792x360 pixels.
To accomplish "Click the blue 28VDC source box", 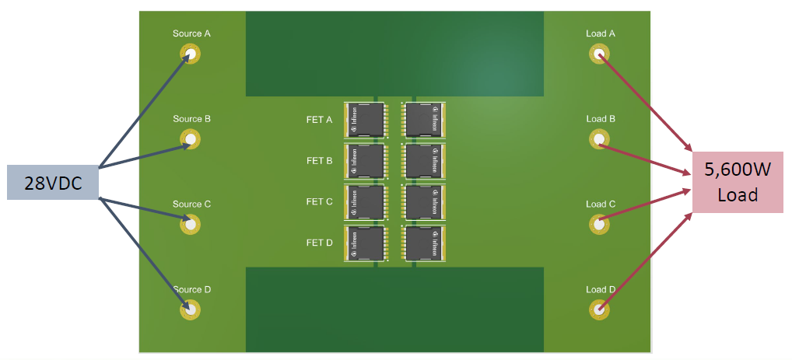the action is tap(53, 182).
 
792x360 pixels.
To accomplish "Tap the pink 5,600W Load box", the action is tap(738, 182).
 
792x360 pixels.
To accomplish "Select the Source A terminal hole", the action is tap(191, 54).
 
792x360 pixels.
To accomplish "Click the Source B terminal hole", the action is tap(191, 139).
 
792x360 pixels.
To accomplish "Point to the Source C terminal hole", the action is tap(191, 224).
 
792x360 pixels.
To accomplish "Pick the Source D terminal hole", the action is tap(191, 309).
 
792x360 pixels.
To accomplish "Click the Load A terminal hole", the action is tap(599, 54).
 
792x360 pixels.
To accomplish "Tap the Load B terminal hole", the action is tap(599, 139).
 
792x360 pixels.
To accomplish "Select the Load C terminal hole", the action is tap(599, 224).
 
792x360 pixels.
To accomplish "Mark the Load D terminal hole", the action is tap(599, 309).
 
